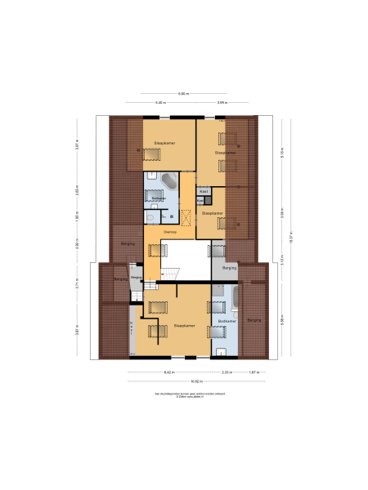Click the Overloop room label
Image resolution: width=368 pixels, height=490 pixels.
pos(170,232)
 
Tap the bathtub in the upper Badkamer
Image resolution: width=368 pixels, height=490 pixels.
pos(168,180)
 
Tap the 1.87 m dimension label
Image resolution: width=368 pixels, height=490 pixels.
pos(254,372)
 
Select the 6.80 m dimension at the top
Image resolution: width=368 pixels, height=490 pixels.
pos(184,94)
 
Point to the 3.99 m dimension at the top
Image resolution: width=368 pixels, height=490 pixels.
pos(222,102)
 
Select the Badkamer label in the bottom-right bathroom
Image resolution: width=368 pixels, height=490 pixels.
pos(225,321)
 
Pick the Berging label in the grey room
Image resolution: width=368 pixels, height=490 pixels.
pos(229,267)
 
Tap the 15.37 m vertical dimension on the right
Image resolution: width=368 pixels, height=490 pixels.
pos(289,237)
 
